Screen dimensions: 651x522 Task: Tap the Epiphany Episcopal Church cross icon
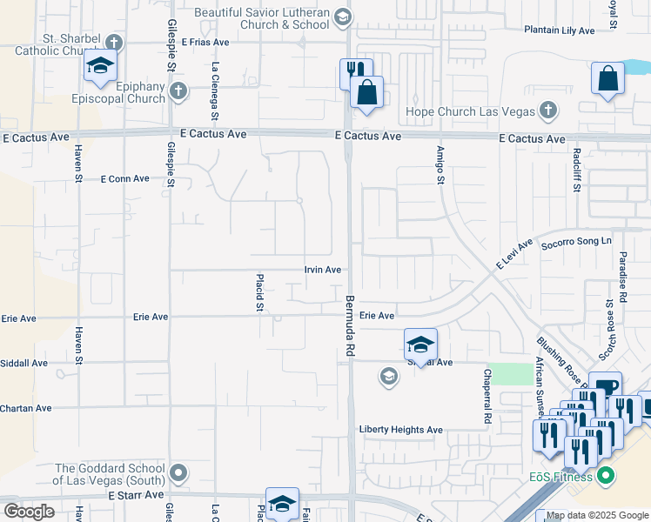[x=178, y=90]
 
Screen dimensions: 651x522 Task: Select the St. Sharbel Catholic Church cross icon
[x=113, y=42]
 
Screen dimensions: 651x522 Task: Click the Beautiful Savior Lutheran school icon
[x=343, y=17]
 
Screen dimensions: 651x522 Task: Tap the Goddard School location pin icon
[x=178, y=473]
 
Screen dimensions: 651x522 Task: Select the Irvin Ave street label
[x=322, y=270]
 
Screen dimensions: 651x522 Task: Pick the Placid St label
[x=259, y=293]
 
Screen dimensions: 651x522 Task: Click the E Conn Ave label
[x=125, y=178]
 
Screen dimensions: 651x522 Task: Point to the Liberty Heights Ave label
[x=401, y=430]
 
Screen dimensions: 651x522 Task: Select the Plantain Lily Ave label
[x=559, y=30]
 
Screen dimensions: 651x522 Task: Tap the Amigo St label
[x=440, y=165]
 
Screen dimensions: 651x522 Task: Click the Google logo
[x=29, y=512]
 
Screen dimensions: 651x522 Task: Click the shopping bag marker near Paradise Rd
[x=607, y=79]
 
